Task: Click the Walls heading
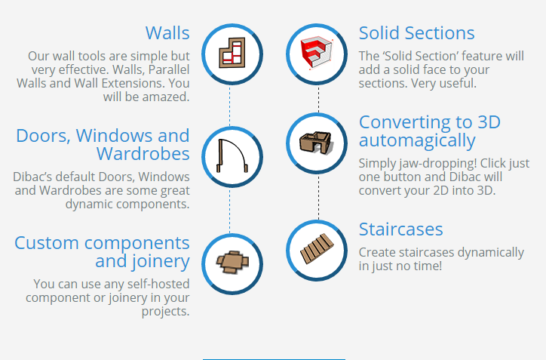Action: [167, 33]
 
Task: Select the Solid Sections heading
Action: [416, 33]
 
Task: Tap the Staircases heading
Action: [400, 229]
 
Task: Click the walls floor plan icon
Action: [232, 53]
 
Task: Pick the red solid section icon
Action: [316, 52]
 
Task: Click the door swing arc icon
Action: [232, 155]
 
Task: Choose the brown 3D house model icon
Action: [316, 142]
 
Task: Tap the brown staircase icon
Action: [317, 248]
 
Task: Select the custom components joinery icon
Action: [232, 262]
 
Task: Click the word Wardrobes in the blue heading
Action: [143, 154]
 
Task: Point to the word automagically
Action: [417, 141]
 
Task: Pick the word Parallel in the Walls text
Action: [169, 69]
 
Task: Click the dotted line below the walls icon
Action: [229, 106]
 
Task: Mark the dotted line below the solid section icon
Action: [318, 100]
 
